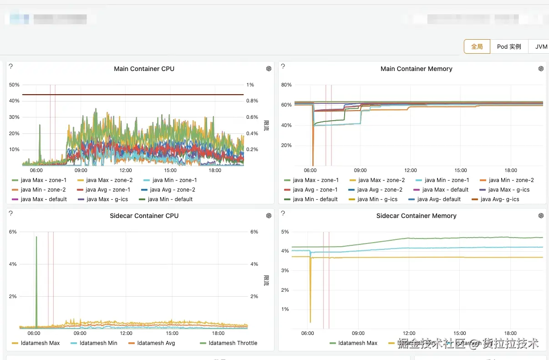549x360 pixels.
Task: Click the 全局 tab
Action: [x=477, y=46]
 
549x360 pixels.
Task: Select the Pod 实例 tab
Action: [x=509, y=46]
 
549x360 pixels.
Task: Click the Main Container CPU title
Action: [x=144, y=69]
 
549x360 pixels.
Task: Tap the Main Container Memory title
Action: [x=416, y=69]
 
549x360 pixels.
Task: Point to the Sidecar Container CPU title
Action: [x=144, y=216]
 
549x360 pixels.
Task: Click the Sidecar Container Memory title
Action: [x=416, y=216]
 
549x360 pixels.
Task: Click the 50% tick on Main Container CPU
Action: [x=14, y=85]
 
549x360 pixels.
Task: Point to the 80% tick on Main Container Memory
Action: [x=286, y=85]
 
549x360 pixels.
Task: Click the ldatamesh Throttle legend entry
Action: [x=233, y=343]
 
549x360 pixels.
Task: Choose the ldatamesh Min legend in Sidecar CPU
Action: [x=98, y=343]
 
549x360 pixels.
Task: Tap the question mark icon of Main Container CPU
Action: [x=10, y=66]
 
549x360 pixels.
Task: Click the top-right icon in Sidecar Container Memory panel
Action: [x=541, y=216]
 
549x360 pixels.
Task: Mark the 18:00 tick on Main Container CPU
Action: [x=215, y=170]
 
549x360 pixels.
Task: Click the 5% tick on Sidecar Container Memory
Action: [x=285, y=232]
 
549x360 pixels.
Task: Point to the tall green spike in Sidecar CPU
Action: [x=36, y=273]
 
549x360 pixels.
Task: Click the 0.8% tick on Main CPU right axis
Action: [x=252, y=101]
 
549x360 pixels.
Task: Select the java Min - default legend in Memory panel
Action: [x=315, y=199]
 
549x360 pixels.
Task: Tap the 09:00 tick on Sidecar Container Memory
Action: [x=358, y=333]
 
